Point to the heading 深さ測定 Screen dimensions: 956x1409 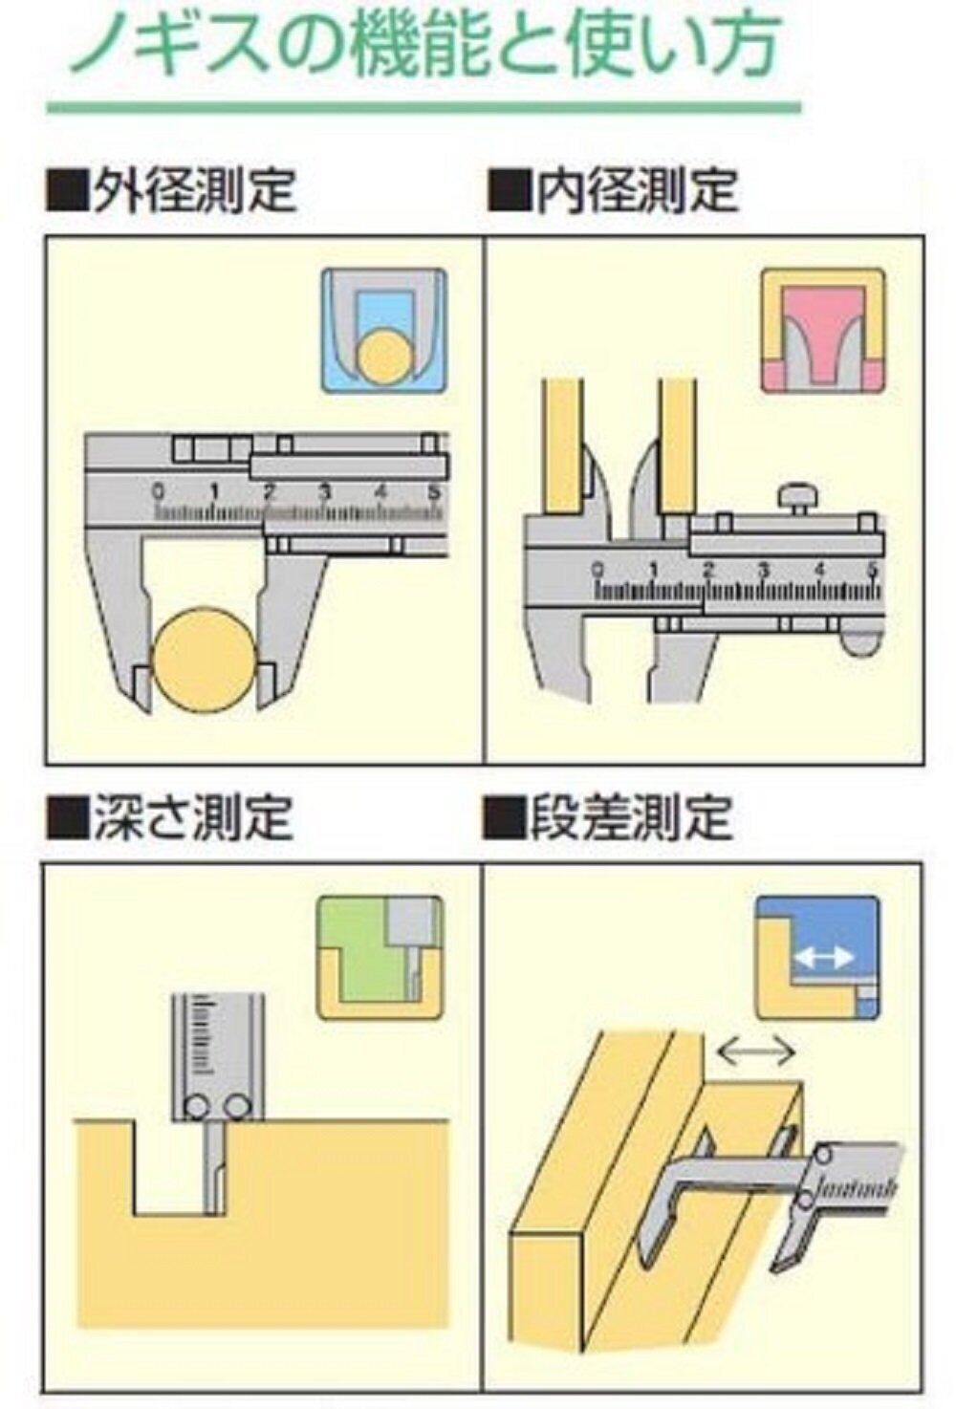click(193, 816)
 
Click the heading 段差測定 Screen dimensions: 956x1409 click(632, 816)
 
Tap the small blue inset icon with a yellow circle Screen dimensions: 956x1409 click(384, 332)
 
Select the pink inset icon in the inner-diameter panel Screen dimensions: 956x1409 click(823, 331)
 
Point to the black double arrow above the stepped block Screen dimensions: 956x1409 click(756, 1051)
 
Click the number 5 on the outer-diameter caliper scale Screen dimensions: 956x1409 click(433, 492)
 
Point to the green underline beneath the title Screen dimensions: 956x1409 click(425, 108)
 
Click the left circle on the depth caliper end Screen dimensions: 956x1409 click(196, 1106)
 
